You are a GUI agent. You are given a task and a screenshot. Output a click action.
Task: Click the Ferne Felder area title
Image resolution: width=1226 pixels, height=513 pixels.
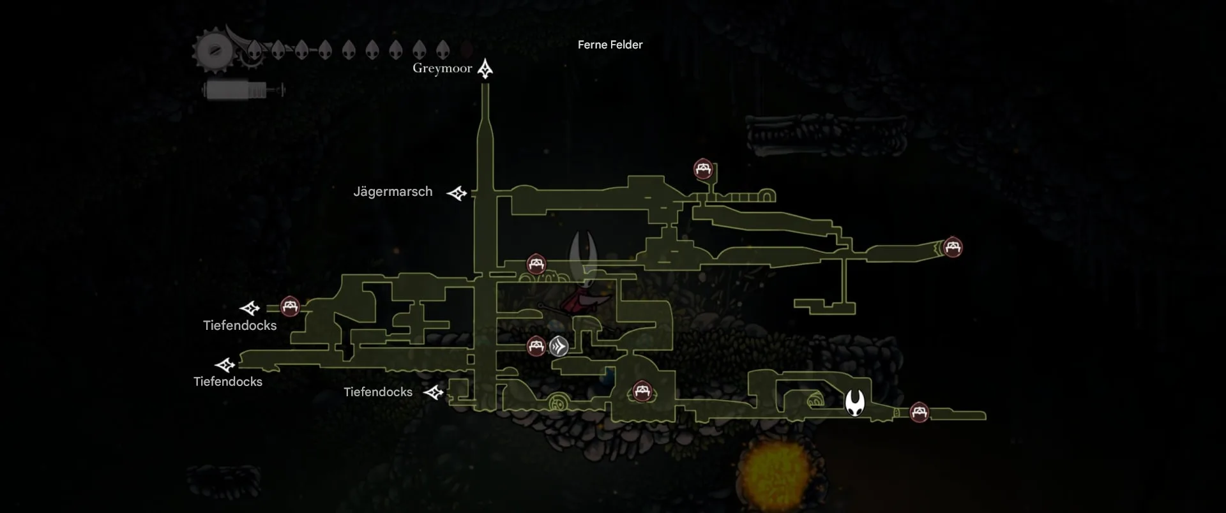pyautogui.click(x=610, y=45)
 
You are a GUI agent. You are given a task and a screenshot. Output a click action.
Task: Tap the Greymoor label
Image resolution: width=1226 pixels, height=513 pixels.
pyautogui.click(x=442, y=68)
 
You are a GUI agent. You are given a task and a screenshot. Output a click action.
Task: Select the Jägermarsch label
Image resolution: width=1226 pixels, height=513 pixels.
pyautogui.click(x=393, y=191)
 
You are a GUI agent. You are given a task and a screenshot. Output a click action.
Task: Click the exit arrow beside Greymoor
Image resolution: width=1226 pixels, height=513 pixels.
pyautogui.click(x=485, y=69)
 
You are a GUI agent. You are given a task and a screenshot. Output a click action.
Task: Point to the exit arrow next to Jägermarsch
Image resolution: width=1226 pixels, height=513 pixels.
pyautogui.click(x=457, y=193)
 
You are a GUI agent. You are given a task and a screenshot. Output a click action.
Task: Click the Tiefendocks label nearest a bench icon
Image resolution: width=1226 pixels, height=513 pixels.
pyautogui.click(x=239, y=325)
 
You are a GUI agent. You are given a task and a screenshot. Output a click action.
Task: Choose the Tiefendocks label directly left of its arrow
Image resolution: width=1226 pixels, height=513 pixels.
pyautogui.click(x=378, y=392)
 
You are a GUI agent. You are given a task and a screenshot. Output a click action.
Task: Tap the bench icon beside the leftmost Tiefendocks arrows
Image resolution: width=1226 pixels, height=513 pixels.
pyautogui.click(x=290, y=307)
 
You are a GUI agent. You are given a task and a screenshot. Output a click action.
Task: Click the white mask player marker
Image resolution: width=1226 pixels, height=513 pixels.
pyautogui.click(x=855, y=403)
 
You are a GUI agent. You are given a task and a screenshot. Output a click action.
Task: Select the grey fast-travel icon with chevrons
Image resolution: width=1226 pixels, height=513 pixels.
pyautogui.click(x=559, y=346)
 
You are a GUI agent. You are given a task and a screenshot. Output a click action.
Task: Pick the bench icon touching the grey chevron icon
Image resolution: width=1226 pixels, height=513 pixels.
pyautogui.click(x=536, y=346)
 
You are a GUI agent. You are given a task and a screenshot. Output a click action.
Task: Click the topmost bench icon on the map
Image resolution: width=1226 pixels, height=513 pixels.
pyautogui.click(x=703, y=170)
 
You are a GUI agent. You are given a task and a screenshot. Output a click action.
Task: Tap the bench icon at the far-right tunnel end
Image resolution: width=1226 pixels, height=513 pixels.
pyautogui.click(x=953, y=247)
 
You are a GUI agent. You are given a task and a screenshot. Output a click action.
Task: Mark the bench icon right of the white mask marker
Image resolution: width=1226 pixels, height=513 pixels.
pyautogui.click(x=919, y=412)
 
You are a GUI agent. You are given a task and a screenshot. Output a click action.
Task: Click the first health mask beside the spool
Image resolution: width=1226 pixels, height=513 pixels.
pyautogui.click(x=254, y=50)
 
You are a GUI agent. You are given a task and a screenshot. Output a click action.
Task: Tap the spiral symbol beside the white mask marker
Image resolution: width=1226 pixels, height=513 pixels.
pyautogui.click(x=815, y=402)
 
